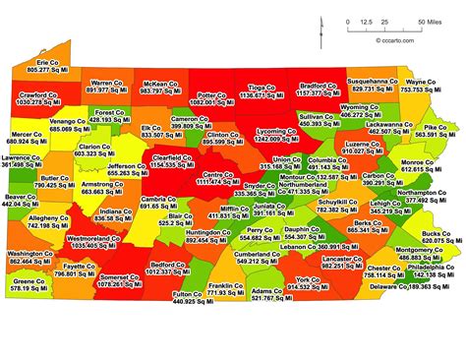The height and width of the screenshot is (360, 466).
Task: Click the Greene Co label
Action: tap(30, 280)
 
